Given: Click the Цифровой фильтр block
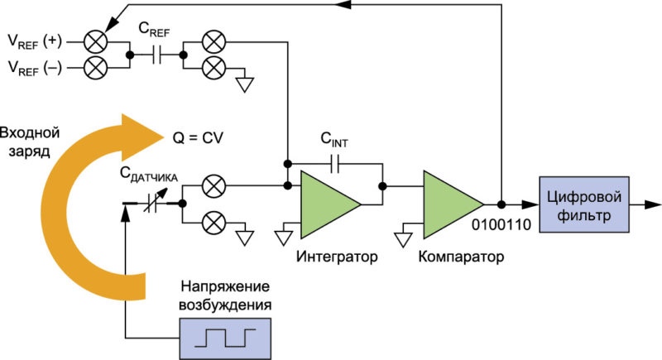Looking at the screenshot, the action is click(x=584, y=204).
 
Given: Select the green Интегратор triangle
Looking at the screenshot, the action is click(x=330, y=204).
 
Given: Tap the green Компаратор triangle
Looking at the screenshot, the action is click(x=453, y=204).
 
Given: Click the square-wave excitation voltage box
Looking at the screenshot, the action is click(x=225, y=339).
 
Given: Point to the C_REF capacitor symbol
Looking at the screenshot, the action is click(x=156, y=55).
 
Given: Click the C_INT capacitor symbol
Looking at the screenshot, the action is click(x=335, y=163).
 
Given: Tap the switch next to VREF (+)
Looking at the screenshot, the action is click(x=96, y=41).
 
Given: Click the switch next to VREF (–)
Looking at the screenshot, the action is click(x=96, y=68).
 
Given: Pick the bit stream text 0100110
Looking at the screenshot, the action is click(x=501, y=224).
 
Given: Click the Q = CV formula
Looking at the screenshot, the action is click(x=198, y=138).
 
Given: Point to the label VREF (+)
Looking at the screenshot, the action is click(x=35, y=41).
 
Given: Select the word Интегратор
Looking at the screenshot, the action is click(x=337, y=257).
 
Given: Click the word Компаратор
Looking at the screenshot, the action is click(x=461, y=257).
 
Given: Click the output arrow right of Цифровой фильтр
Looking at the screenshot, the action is click(x=645, y=204).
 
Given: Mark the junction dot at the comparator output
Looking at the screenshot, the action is click(x=501, y=204).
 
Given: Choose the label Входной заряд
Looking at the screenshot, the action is click(x=30, y=142).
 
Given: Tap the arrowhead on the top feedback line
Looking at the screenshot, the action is click(x=345, y=4).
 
